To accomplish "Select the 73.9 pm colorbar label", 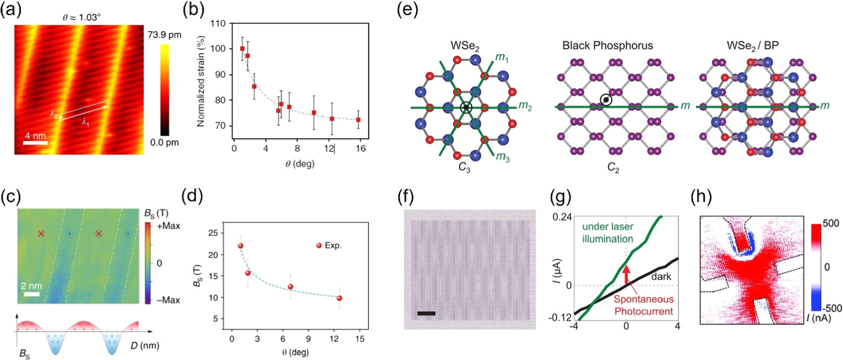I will pyautogui.click(x=167, y=36).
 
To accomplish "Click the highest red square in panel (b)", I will pyautogui.click(x=242, y=49).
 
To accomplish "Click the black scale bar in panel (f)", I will pyautogui.click(x=425, y=314).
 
